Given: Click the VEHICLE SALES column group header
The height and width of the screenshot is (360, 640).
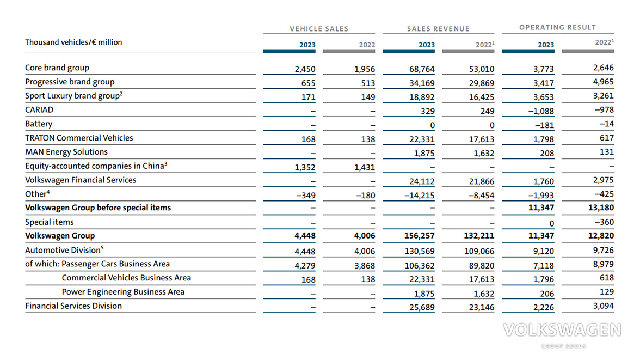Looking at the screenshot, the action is tap(319, 29).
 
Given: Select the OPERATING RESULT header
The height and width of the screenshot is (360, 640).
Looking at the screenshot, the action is tap(557, 27).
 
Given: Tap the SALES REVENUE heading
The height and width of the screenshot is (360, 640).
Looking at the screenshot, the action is tap(439, 29).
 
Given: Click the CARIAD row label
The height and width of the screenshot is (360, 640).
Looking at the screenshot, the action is tap(39, 109).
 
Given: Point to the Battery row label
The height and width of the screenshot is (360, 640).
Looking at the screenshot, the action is tap(39, 124).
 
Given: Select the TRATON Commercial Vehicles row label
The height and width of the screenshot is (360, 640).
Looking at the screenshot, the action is tap(79, 138).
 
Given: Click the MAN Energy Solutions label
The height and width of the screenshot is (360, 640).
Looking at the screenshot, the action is tap(66, 152).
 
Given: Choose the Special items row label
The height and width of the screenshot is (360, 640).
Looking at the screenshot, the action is tap(50, 222).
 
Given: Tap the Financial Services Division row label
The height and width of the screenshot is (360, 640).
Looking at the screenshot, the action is tap(73, 306).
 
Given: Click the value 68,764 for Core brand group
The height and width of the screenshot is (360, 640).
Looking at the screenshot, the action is tap(422, 69).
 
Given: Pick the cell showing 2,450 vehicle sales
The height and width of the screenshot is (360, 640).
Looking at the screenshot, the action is tap(305, 69).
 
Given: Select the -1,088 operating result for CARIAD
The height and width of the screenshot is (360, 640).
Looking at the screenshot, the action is tap(541, 111).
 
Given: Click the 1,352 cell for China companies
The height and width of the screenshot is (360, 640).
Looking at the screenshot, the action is tap(305, 167).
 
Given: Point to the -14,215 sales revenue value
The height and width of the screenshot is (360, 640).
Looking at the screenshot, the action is tap(420, 196).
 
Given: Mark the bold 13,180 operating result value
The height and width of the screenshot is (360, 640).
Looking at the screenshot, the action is tap(601, 208).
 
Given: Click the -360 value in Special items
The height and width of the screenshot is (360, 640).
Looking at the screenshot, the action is tap(604, 222).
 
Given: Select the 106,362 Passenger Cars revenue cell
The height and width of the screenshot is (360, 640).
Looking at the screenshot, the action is tap(420, 266).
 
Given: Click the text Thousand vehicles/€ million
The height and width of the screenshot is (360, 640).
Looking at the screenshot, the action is tap(73, 42).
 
